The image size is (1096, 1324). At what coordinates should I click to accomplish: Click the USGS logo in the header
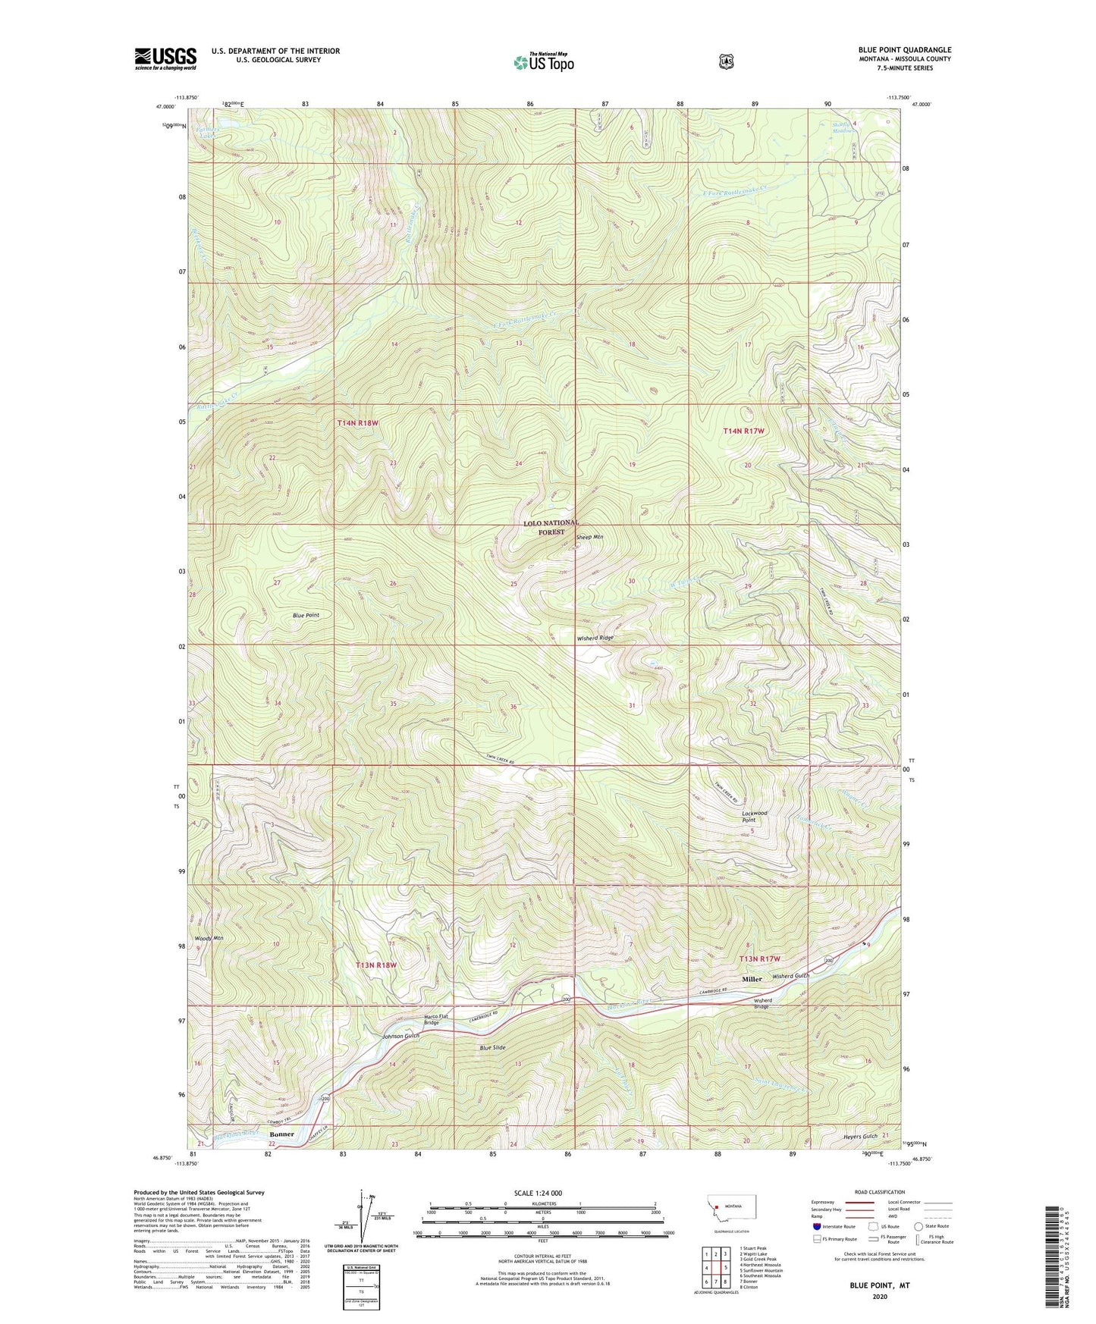pos(165,58)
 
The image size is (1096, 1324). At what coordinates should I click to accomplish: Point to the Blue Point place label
pos(306,615)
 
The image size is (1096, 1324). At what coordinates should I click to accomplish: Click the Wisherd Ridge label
pos(595,638)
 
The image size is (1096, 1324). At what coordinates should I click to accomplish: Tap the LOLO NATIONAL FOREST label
pos(551,528)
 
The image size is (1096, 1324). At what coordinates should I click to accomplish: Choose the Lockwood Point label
pos(754,816)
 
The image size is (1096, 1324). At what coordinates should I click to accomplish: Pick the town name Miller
pos(752,979)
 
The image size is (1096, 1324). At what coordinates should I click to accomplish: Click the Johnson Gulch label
pos(400,1036)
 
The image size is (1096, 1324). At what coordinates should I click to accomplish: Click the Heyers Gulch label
pos(860,1136)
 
